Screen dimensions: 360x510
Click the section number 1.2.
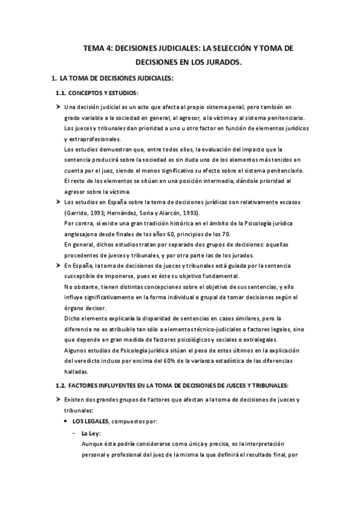[61, 385]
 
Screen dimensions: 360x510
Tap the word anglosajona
[84, 234]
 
